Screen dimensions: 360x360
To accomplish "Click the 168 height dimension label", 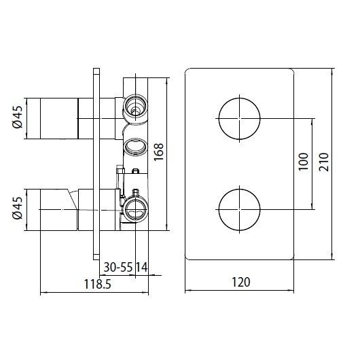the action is pyautogui.click(x=158, y=152).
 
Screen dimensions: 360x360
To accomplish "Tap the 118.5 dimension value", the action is pyautogui.click(x=98, y=284).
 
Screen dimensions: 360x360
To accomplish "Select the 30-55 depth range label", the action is pyautogui.click(x=118, y=267).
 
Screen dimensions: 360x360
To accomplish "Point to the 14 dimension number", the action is pyautogui.click(x=142, y=267).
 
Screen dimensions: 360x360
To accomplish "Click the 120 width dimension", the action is pyautogui.click(x=241, y=282).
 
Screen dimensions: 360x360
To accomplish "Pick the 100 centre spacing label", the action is pyautogui.click(x=304, y=162).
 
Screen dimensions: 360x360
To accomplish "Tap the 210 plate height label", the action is pyautogui.click(x=324, y=162).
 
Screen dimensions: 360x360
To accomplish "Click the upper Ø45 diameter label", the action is pyautogui.click(x=18, y=117).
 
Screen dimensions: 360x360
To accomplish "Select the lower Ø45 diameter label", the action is pyautogui.click(x=18, y=208).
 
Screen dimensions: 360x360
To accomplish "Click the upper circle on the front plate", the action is pyautogui.click(x=240, y=98).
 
